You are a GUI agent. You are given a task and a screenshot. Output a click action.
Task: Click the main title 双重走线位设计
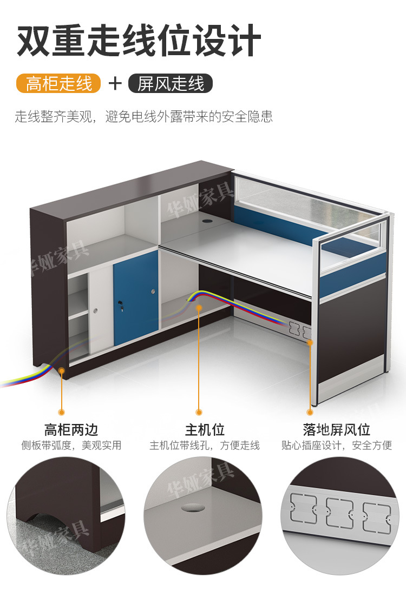click(x=139, y=41)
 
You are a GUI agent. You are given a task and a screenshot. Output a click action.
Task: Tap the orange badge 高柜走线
click(x=58, y=83)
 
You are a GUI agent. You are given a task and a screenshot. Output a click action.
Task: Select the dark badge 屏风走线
click(x=171, y=83)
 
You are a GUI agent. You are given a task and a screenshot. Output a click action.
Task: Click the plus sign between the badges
click(x=115, y=83)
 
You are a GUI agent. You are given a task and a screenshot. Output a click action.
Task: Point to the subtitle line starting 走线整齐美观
click(x=143, y=117)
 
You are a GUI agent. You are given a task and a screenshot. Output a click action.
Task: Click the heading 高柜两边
click(x=71, y=430)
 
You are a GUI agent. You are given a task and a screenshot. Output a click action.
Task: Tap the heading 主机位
click(x=205, y=430)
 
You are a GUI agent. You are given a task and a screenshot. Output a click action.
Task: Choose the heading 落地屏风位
click(x=337, y=430)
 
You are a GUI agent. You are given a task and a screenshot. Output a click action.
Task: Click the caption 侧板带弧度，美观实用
click(x=71, y=446)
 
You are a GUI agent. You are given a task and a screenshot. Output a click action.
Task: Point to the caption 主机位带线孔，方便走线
click(x=205, y=446)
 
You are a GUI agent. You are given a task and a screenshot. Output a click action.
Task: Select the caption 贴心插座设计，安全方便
click(x=337, y=446)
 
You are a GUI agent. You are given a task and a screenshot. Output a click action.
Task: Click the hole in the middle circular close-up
click(x=196, y=508)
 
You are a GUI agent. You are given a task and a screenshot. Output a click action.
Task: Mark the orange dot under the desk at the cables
click(x=199, y=308)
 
